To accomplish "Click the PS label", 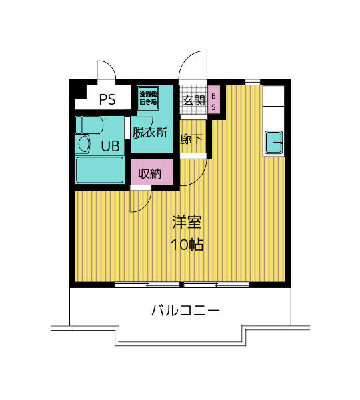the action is (107, 99).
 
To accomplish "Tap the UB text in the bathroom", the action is (110, 146).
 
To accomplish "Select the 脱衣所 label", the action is (150, 133).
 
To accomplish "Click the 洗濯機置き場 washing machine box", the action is (148, 98).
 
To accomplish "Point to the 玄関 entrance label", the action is (193, 101).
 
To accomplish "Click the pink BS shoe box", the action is (213, 99).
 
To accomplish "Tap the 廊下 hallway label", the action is (191, 139).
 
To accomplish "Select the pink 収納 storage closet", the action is (152, 172).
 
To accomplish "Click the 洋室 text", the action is (187, 222).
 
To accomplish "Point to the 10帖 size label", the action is (187, 245).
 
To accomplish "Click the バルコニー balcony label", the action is (185, 311).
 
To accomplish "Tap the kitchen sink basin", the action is (273, 143).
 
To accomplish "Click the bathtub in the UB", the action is (99, 170).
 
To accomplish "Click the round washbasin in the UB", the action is (84, 144).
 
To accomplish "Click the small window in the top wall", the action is (253, 82).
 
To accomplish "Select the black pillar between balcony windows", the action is (181, 285).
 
